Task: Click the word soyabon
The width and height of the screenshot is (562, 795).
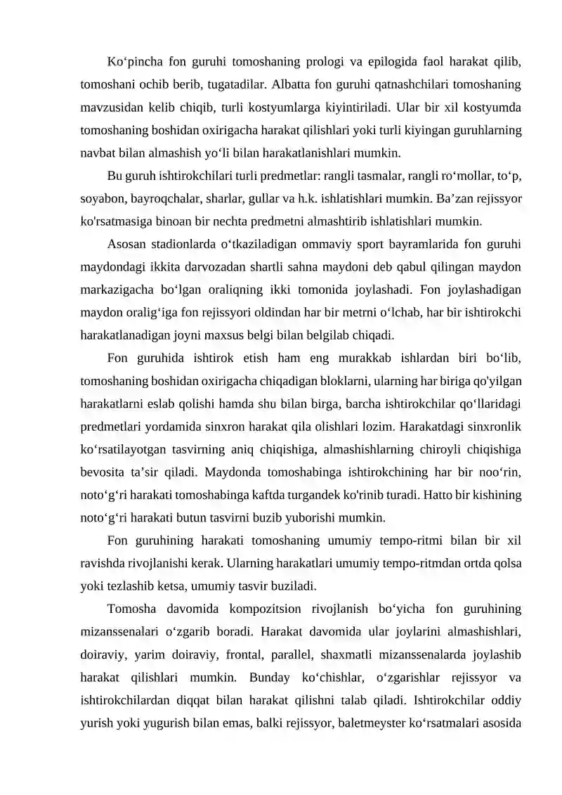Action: (103, 198)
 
